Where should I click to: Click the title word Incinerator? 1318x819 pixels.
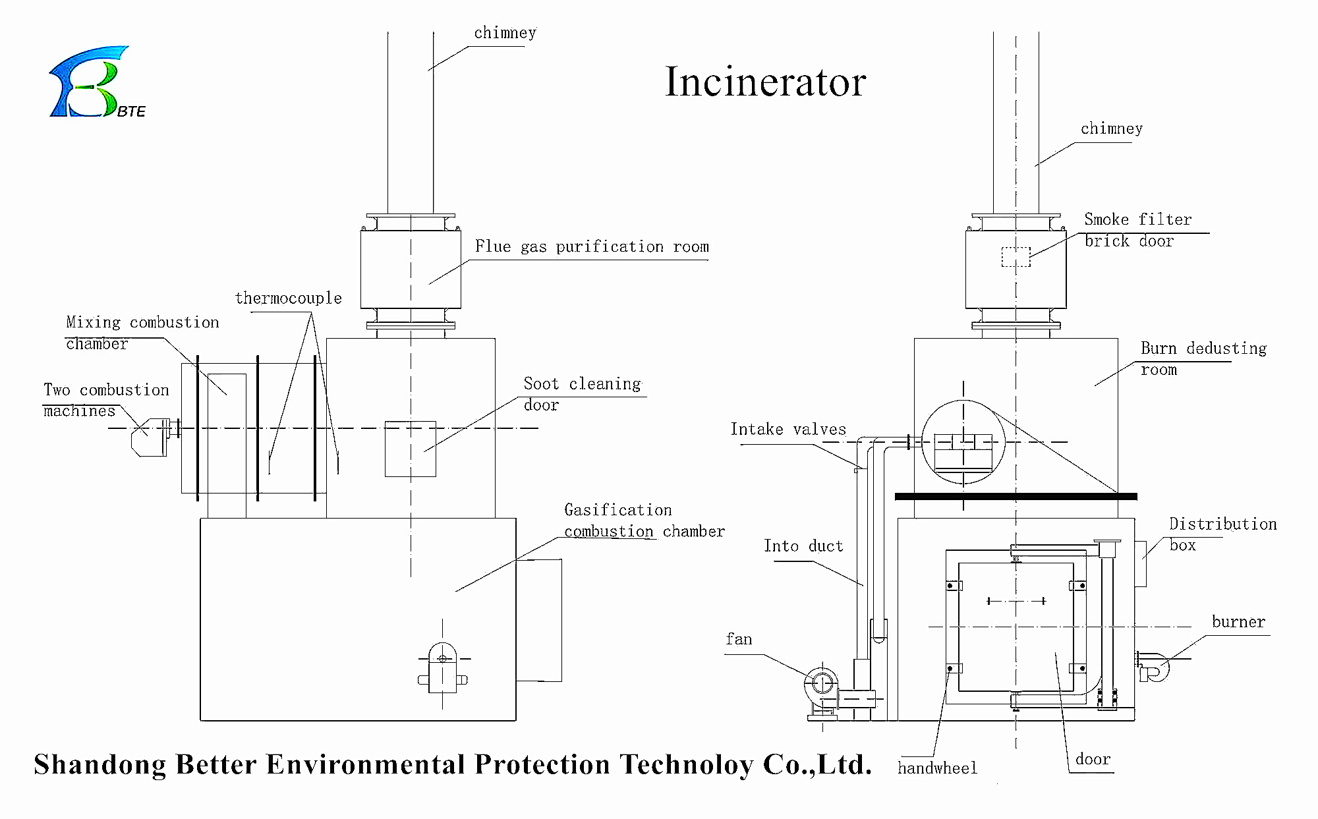pos(765,82)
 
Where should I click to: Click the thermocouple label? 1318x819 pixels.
pos(289,298)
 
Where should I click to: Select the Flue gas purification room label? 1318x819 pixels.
pos(592,247)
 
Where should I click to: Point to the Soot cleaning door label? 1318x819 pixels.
pos(582,394)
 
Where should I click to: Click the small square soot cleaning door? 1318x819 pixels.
pos(410,449)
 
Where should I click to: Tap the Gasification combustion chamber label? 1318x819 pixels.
pos(644,521)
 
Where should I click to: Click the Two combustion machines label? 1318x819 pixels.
pos(106,400)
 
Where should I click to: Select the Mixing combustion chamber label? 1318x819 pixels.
pos(142,333)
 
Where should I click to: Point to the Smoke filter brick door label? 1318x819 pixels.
pos(1137,230)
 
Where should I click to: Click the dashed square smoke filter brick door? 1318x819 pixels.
pos(1016,257)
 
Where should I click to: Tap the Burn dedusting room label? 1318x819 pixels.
pos(1203,358)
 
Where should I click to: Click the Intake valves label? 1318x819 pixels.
pos(788,430)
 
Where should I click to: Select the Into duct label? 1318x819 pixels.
pos(803,546)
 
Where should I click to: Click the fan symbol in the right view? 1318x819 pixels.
pos(822,683)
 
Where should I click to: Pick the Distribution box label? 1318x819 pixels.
pos(1222,534)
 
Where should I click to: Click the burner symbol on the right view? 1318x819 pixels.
pos(1154,666)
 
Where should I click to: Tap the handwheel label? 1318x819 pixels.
pos(937,768)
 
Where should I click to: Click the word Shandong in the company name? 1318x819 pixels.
pos(100,765)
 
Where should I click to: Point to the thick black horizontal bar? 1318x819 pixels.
pos(1016,496)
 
